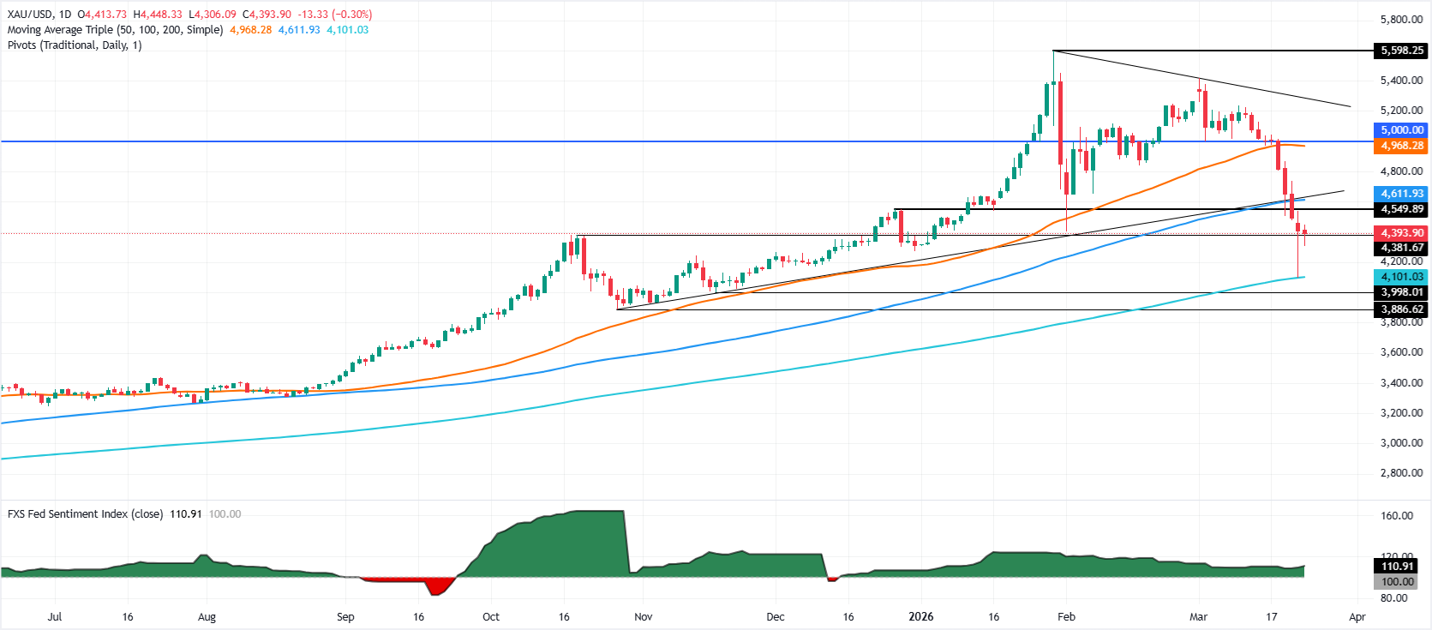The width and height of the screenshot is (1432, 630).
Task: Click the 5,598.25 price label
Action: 1401,51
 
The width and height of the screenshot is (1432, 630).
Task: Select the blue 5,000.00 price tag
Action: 1401,130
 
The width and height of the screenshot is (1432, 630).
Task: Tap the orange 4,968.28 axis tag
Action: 1401,147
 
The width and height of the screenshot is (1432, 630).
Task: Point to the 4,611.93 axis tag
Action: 1401,194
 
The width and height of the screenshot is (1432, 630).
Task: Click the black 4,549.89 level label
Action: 1401,209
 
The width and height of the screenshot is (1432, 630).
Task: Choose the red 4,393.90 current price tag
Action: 1401,233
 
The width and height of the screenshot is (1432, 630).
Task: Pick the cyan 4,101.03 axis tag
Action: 1401,277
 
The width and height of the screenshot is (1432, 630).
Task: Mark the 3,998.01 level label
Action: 1401,292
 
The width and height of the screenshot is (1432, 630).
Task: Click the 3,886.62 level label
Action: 1401,309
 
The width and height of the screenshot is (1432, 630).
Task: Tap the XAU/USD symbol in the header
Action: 28,15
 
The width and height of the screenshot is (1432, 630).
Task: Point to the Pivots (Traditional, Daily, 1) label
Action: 75,45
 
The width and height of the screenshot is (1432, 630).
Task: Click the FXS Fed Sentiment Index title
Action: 85,514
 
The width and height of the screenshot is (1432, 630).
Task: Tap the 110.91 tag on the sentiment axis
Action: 1397,567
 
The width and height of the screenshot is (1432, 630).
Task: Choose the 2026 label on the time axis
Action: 920,617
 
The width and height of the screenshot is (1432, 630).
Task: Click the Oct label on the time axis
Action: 491,617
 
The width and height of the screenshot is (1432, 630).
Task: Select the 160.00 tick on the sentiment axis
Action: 1397,516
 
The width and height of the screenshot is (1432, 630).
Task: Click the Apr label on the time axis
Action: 1357,617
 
